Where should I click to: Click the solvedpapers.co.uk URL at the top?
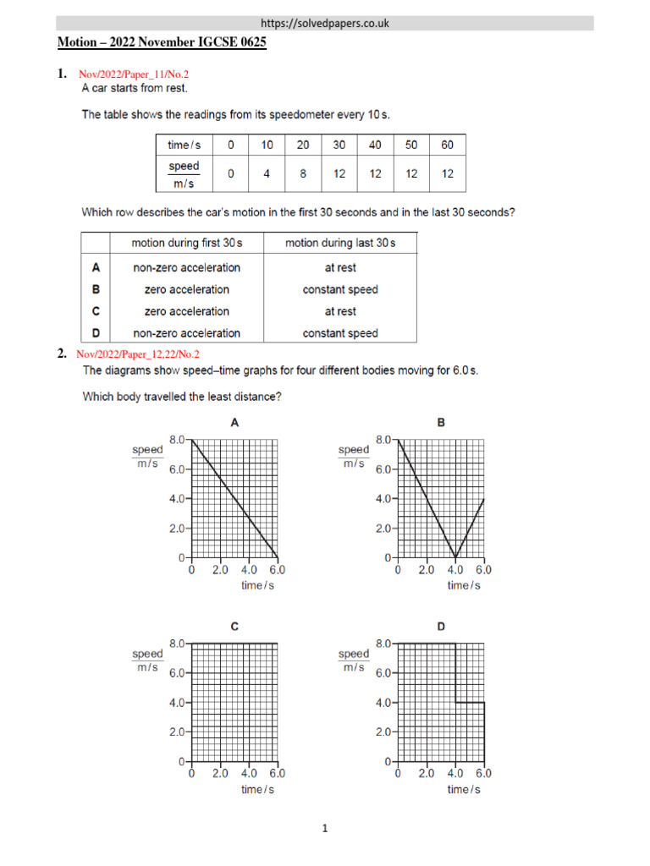tap(325, 23)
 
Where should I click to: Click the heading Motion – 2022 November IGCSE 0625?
tap(162, 42)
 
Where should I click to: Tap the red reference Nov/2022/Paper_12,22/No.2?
tap(138, 354)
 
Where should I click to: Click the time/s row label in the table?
tap(184, 145)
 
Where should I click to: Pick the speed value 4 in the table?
tap(267, 174)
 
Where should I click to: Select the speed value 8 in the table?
tap(303, 174)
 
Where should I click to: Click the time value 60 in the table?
tap(448, 145)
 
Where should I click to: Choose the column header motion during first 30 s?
tap(187, 243)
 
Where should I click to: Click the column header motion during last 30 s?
tap(340, 243)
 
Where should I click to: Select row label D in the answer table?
tap(96, 333)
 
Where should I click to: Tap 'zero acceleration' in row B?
tap(187, 289)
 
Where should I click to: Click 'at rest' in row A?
tap(340, 267)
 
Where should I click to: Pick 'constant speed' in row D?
tap(340, 333)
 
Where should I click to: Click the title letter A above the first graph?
tap(234, 422)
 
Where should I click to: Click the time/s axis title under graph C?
tap(257, 789)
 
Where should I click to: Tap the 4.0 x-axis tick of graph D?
tap(455, 773)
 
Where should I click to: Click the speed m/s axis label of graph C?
tap(147, 660)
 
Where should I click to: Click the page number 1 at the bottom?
tap(325, 830)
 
